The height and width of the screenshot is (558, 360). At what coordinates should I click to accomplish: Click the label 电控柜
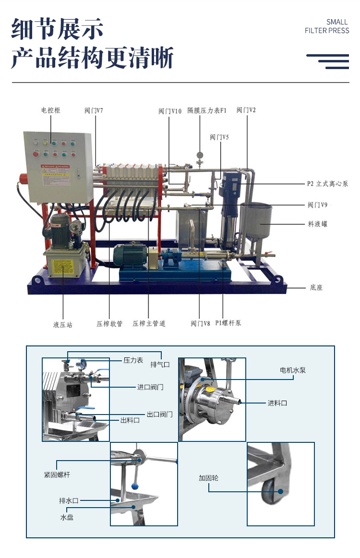coord(50,110)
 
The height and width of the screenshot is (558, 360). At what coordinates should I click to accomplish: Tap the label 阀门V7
coord(94,110)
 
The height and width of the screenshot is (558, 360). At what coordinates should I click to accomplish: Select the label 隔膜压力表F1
coord(207,110)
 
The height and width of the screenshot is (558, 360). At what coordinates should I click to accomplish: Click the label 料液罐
coord(318,224)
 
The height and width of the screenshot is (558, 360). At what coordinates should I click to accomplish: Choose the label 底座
coord(316,288)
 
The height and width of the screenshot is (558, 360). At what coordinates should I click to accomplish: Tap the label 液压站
coord(63,325)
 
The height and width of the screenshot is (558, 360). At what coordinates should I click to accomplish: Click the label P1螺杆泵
coord(228,323)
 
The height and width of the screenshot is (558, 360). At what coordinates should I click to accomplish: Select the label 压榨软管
coord(109,324)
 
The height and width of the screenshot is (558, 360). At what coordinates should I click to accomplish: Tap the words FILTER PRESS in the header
coord(327,31)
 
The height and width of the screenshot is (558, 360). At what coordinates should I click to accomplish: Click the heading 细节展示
coord(57,29)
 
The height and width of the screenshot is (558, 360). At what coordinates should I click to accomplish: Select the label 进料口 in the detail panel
coord(277,403)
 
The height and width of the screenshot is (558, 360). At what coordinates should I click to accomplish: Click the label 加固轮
coord(209,478)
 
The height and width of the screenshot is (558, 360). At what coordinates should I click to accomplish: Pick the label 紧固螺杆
coord(57,475)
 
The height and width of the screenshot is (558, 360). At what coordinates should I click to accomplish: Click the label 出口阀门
coord(159,414)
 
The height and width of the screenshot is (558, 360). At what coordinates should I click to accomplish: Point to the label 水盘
coord(67,517)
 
